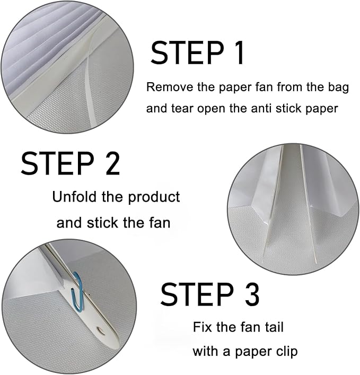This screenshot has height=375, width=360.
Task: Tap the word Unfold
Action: (x=72, y=197)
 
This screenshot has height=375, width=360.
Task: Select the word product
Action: (x=156, y=198)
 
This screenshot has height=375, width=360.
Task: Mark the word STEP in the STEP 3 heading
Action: (x=194, y=295)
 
